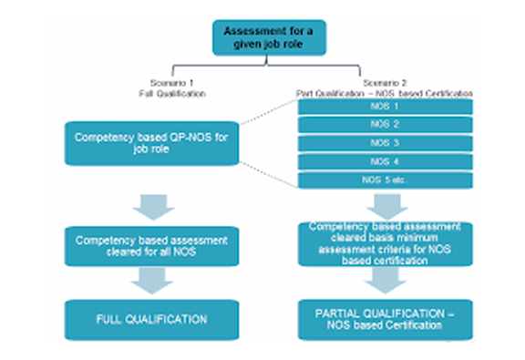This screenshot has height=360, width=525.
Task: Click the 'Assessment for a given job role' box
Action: pyautogui.click(x=263, y=37)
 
